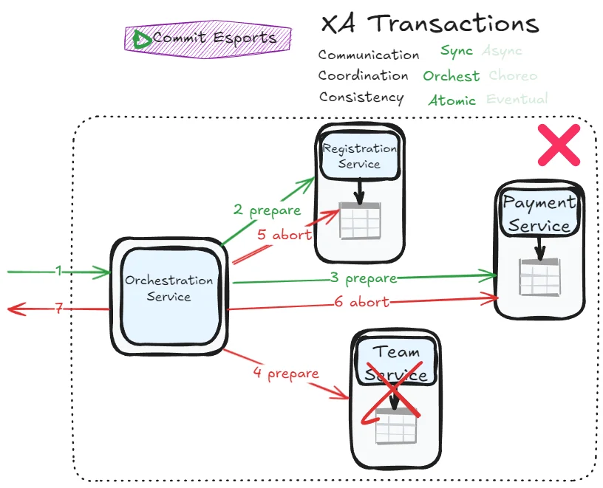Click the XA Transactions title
(x=429, y=24)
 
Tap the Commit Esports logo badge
(x=208, y=38)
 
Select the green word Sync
(x=456, y=51)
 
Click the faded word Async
(x=502, y=51)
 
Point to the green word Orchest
(x=451, y=76)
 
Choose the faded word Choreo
(x=513, y=75)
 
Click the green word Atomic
(x=452, y=100)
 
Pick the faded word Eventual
(x=517, y=99)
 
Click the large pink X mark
(x=559, y=145)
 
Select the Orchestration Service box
(x=168, y=288)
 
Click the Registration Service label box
(x=359, y=156)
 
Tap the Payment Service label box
(x=539, y=213)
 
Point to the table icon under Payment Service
(x=539, y=278)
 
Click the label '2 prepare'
(x=267, y=210)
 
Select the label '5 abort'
(x=285, y=235)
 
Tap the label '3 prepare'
(x=364, y=278)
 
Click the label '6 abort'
(x=361, y=302)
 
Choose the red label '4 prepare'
(x=285, y=374)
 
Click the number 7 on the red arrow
(x=58, y=309)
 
